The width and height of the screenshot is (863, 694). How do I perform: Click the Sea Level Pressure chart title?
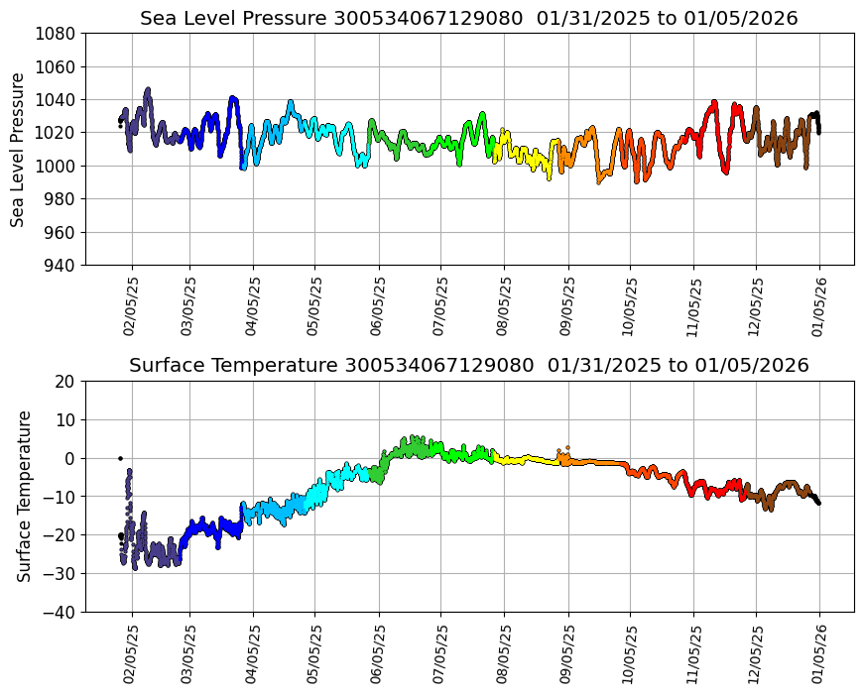pos(468,19)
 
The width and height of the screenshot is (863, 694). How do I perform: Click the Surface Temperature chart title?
pos(468,366)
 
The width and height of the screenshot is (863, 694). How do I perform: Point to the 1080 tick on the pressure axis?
pos(59,34)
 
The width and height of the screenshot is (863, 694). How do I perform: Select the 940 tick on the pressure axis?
pos(62,266)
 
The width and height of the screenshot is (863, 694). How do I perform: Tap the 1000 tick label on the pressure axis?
pos(59,167)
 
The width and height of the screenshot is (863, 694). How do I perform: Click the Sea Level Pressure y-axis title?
pos(19,149)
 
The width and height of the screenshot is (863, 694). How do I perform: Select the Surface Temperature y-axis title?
pos(25,496)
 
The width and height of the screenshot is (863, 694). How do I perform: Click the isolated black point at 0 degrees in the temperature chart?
pos(120,458)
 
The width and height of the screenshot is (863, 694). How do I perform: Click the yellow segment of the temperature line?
pos(526,460)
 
